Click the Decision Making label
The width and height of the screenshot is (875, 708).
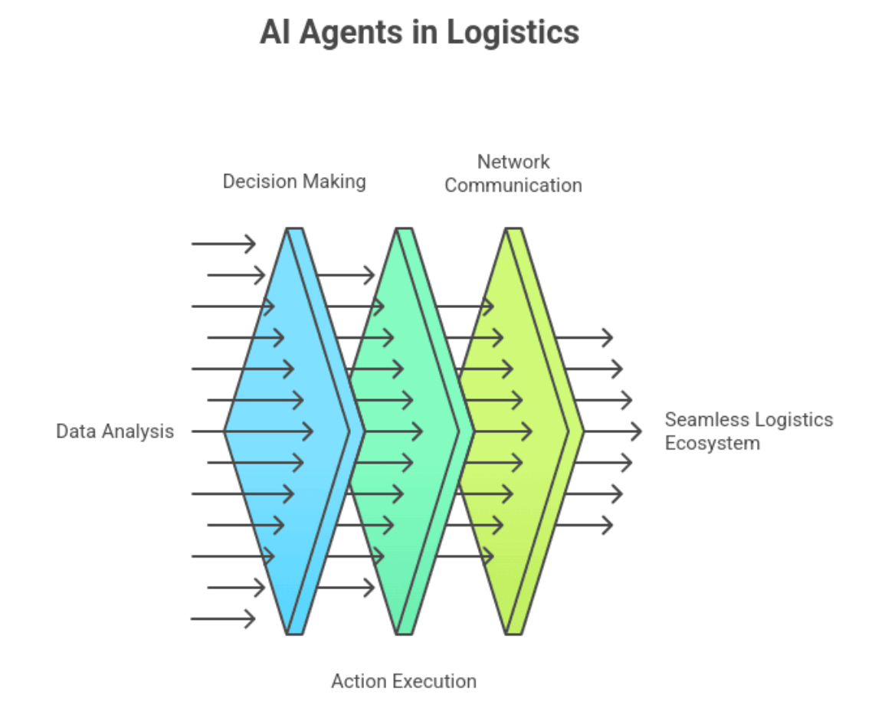(294, 182)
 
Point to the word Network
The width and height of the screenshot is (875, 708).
(513, 162)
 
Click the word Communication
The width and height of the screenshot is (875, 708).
(513, 185)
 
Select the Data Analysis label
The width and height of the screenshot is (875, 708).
(115, 431)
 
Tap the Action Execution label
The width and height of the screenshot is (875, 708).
(404, 681)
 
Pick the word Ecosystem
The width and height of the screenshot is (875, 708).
(713, 444)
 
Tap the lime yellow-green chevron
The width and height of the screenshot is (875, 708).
(513, 460)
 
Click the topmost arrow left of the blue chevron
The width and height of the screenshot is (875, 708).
(223, 244)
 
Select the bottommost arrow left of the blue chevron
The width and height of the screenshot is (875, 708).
(223, 618)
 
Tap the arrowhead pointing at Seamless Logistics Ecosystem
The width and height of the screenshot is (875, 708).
(636, 431)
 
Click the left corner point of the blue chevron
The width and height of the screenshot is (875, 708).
(225, 431)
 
